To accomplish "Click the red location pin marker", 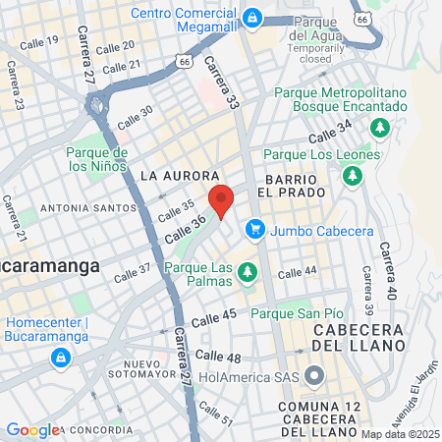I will [221, 201].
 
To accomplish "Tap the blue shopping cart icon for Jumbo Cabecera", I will [255, 229].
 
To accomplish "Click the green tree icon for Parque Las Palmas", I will [249, 270].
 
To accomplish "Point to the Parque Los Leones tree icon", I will [351, 175].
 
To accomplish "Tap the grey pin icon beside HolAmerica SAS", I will [313, 376].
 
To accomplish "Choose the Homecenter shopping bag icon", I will [62, 355].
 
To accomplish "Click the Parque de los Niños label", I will [97, 159].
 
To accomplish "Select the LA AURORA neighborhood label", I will [172, 175].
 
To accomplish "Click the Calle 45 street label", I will [214, 316].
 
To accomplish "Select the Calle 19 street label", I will [39, 41].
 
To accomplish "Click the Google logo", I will [32, 429].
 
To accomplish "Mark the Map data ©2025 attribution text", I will [399, 434].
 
